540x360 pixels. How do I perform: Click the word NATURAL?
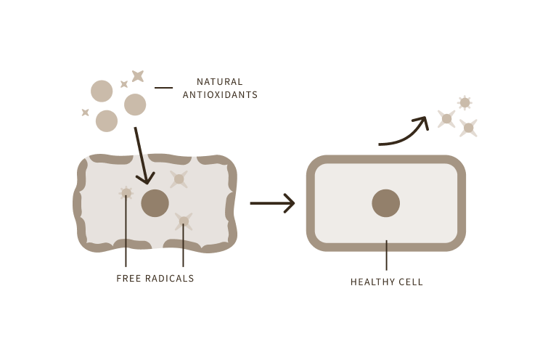pos(220,81)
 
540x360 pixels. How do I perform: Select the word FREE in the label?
pos(128,278)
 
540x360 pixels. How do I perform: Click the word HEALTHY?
pos(372,282)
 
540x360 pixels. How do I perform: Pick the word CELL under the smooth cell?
pos(411,282)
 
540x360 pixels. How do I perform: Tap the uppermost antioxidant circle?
pos(102,91)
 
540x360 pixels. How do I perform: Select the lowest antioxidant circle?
pos(107,120)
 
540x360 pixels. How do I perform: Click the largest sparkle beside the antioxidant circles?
pos(137,75)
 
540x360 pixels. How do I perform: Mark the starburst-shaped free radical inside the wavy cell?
pos(126,193)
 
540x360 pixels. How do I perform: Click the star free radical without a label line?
pos(179,179)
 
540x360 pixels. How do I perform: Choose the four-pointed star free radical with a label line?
pos(184,221)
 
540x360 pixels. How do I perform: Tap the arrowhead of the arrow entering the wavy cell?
pos(147,178)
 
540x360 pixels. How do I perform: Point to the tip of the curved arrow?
pos(425,120)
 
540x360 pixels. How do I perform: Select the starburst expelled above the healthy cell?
pos(465,103)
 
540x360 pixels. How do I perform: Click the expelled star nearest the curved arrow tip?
pos(446,119)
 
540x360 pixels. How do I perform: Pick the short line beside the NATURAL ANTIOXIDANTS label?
pos(164,88)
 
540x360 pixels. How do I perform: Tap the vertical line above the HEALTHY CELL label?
pos(386,254)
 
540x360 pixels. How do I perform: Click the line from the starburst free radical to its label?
pos(126,232)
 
